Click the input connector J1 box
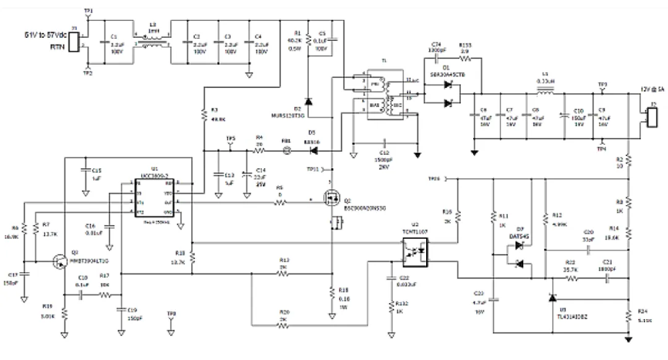74,42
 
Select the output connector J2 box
653,116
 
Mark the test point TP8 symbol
171,320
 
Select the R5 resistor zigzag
280,202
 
